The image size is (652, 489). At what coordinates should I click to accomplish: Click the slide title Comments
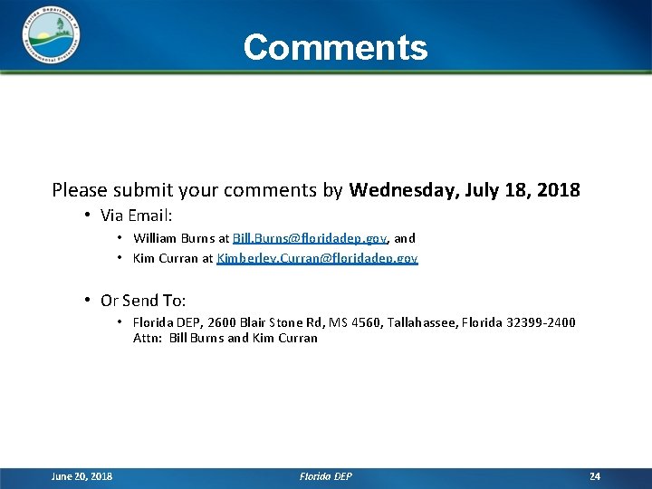point(335,47)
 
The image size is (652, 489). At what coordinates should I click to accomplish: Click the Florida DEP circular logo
point(50,37)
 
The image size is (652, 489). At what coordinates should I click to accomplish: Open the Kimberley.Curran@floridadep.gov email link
point(317,258)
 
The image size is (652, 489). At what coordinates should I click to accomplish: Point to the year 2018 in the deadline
point(558,190)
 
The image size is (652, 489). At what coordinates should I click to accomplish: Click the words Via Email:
point(136,216)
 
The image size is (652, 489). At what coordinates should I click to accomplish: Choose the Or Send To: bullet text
point(143,301)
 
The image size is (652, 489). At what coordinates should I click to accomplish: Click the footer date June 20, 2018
point(82,476)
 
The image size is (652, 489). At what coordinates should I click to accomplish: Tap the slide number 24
point(595,476)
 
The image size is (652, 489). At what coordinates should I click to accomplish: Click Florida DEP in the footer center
point(326,476)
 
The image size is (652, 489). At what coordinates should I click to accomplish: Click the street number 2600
point(221,322)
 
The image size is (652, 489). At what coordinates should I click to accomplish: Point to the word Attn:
point(147,338)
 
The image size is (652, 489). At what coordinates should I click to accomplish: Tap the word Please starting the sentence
point(79,190)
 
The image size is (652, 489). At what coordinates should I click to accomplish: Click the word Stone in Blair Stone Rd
point(284,322)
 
